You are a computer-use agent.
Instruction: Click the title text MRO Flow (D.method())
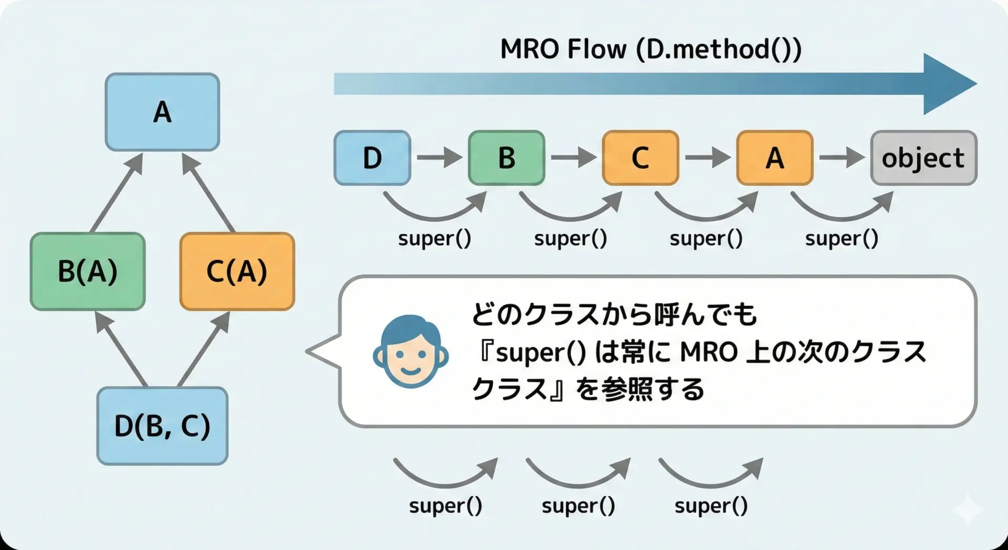pyautogui.click(x=650, y=50)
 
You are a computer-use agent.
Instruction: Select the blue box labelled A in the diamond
pyautogui.click(x=162, y=112)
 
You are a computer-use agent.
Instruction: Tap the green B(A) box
pyautogui.click(x=88, y=272)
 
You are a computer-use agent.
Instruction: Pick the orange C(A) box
pyautogui.click(x=237, y=272)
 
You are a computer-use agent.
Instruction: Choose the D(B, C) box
pyautogui.click(x=162, y=426)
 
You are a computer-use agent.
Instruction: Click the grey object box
pyautogui.click(x=923, y=158)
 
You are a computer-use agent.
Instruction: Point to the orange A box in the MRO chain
pyautogui.click(x=774, y=158)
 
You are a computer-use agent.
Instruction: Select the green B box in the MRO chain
pyautogui.click(x=506, y=158)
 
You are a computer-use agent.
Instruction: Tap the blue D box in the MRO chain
pyautogui.click(x=372, y=158)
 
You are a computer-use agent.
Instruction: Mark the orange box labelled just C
pyautogui.click(x=640, y=158)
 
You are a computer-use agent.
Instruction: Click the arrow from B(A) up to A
pyautogui.click(x=117, y=192)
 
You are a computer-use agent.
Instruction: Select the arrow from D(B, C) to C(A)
pyautogui.click(x=204, y=349)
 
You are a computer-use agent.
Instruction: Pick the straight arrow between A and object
pyautogui.click(x=841, y=157)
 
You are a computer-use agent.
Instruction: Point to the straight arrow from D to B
pyautogui.click(x=439, y=157)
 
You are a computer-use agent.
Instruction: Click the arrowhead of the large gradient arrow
pyautogui.click(x=948, y=84)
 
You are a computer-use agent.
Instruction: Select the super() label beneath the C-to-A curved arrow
pyautogui.click(x=706, y=238)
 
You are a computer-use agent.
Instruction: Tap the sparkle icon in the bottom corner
pyautogui.click(x=968, y=509)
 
